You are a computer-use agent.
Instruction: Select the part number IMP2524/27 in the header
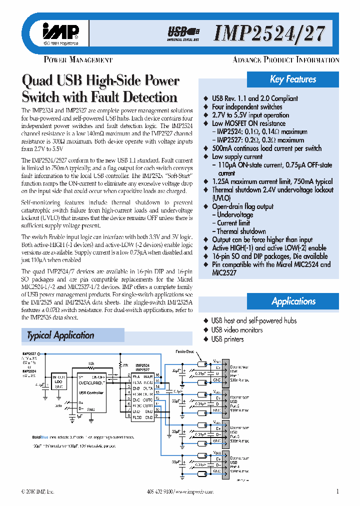pyautogui.click(x=269, y=33)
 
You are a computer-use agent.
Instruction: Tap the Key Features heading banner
pyautogui.click(x=293, y=79)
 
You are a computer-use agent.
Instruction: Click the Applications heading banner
pyautogui.click(x=293, y=301)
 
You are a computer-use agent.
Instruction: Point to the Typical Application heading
pyautogui.click(x=60, y=335)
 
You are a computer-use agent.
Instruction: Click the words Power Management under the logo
pyautogui.click(x=78, y=60)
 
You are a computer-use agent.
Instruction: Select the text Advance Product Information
pyautogui.click(x=286, y=60)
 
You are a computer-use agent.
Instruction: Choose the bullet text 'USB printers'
pyautogui.click(x=227, y=339)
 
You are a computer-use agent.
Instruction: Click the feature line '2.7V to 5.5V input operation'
pyautogui.click(x=250, y=115)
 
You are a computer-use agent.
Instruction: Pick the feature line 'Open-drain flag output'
pyautogui.click(x=242, y=206)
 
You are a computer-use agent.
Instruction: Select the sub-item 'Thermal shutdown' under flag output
pyautogui.click(x=241, y=231)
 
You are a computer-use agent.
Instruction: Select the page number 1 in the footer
pyautogui.click(x=337, y=491)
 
